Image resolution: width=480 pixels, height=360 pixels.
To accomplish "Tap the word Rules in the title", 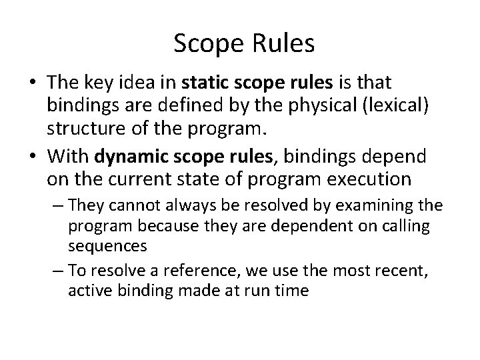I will tap(283, 44).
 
